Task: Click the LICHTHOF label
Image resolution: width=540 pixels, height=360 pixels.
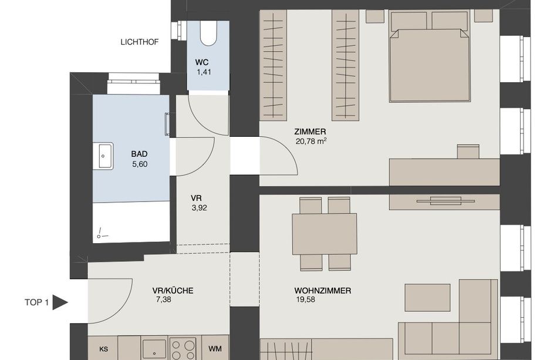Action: click(x=140, y=42)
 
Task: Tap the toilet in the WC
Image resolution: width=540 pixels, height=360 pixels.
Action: click(x=208, y=33)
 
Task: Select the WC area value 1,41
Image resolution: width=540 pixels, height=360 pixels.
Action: click(x=204, y=72)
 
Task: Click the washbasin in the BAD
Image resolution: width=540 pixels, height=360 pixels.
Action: click(x=103, y=156)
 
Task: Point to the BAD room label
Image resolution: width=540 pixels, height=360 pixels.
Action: click(x=140, y=154)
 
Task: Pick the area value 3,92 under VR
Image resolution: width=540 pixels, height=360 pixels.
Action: click(x=200, y=208)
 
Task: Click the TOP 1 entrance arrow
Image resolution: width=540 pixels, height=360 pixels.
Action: click(x=60, y=302)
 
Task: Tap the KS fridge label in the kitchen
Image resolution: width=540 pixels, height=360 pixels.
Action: click(x=104, y=349)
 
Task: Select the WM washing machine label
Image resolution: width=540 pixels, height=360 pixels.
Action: click(x=215, y=349)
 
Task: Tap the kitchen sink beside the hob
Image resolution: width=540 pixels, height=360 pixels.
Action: click(x=154, y=349)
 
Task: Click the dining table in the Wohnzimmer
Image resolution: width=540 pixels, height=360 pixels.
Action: click(x=325, y=234)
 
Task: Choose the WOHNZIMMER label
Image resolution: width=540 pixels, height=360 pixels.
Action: click(x=323, y=291)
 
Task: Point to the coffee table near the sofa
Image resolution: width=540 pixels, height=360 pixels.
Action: click(x=427, y=298)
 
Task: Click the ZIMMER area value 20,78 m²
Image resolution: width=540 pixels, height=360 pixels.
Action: click(x=311, y=141)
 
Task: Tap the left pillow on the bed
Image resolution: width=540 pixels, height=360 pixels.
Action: click(x=409, y=21)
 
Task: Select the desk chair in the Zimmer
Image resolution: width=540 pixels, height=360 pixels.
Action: click(x=468, y=152)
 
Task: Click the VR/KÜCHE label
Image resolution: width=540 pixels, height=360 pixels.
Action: click(x=173, y=291)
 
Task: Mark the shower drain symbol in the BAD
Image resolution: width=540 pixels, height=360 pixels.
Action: click(x=100, y=234)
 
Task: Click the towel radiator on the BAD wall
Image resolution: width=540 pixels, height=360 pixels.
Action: click(x=167, y=125)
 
